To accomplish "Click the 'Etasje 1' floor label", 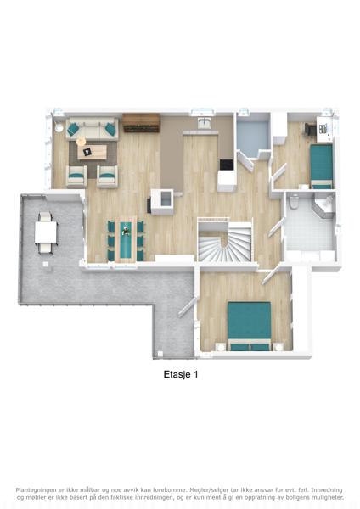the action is point(181,374).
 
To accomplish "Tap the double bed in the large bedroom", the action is point(250,326).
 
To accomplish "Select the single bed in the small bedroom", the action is point(321,166).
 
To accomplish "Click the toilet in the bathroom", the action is point(295,200).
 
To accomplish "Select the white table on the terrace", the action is point(46,232).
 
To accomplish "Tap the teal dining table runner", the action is point(126,239).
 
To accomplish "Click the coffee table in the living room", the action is point(93,152).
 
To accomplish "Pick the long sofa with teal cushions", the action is point(93,129).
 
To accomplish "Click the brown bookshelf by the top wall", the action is point(141,123).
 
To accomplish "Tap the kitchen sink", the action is point(205,123).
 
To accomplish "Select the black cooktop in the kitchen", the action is point(227,165).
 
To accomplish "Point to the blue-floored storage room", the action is point(252,135).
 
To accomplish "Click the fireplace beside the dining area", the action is point(161,202).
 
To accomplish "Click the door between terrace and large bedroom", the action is point(188,307).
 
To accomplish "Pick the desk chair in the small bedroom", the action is point(310,129).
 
